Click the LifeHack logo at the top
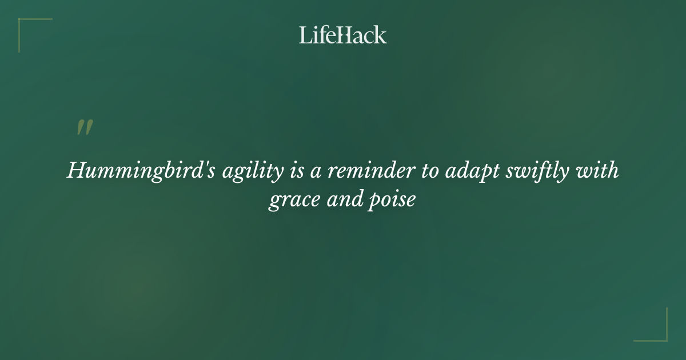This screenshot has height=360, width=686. click(x=343, y=35)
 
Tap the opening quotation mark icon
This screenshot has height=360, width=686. click(x=84, y=127)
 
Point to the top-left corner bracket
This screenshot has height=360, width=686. click(x=23, y=23)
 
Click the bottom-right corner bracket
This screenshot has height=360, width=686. click(x=663, y=337)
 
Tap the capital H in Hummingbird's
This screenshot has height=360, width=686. click(x=76, y=170)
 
